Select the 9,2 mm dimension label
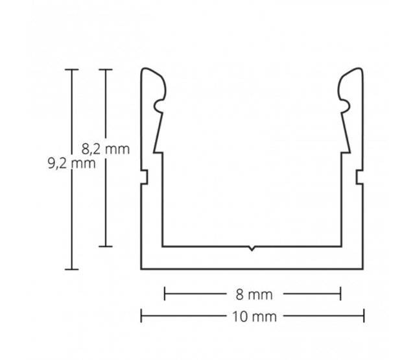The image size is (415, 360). (x=71, y=163)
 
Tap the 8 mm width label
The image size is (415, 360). (x=252, y=294)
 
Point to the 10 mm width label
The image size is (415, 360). (x=252, y=317)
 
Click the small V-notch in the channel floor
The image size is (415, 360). (x=252, y=248)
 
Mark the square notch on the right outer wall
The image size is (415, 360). (x=359, y=176)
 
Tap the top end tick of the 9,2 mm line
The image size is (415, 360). (x=71, y=69)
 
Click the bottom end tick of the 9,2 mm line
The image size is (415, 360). (x=71, y=269)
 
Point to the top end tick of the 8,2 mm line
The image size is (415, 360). (x=106, y=69)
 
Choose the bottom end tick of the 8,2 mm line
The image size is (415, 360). (x=106, y=246)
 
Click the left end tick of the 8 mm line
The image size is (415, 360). (x=165, y=294)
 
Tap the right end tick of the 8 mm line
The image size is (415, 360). (x=340, y=294)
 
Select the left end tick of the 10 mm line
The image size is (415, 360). (x=142, y=317)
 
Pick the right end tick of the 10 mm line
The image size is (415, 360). (x=362, y=317)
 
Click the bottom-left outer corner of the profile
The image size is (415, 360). (x=142, y=268)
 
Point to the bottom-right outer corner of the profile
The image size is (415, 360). (x=362, y=268)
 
